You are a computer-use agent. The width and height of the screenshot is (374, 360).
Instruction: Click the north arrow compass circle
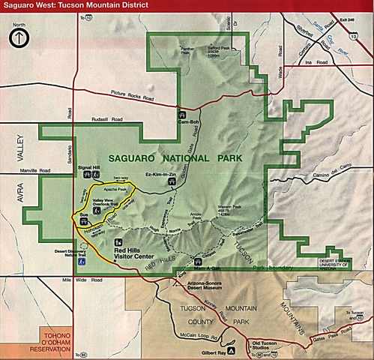(19, 40)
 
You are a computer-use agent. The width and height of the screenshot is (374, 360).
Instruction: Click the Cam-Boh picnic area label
(187, 121)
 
